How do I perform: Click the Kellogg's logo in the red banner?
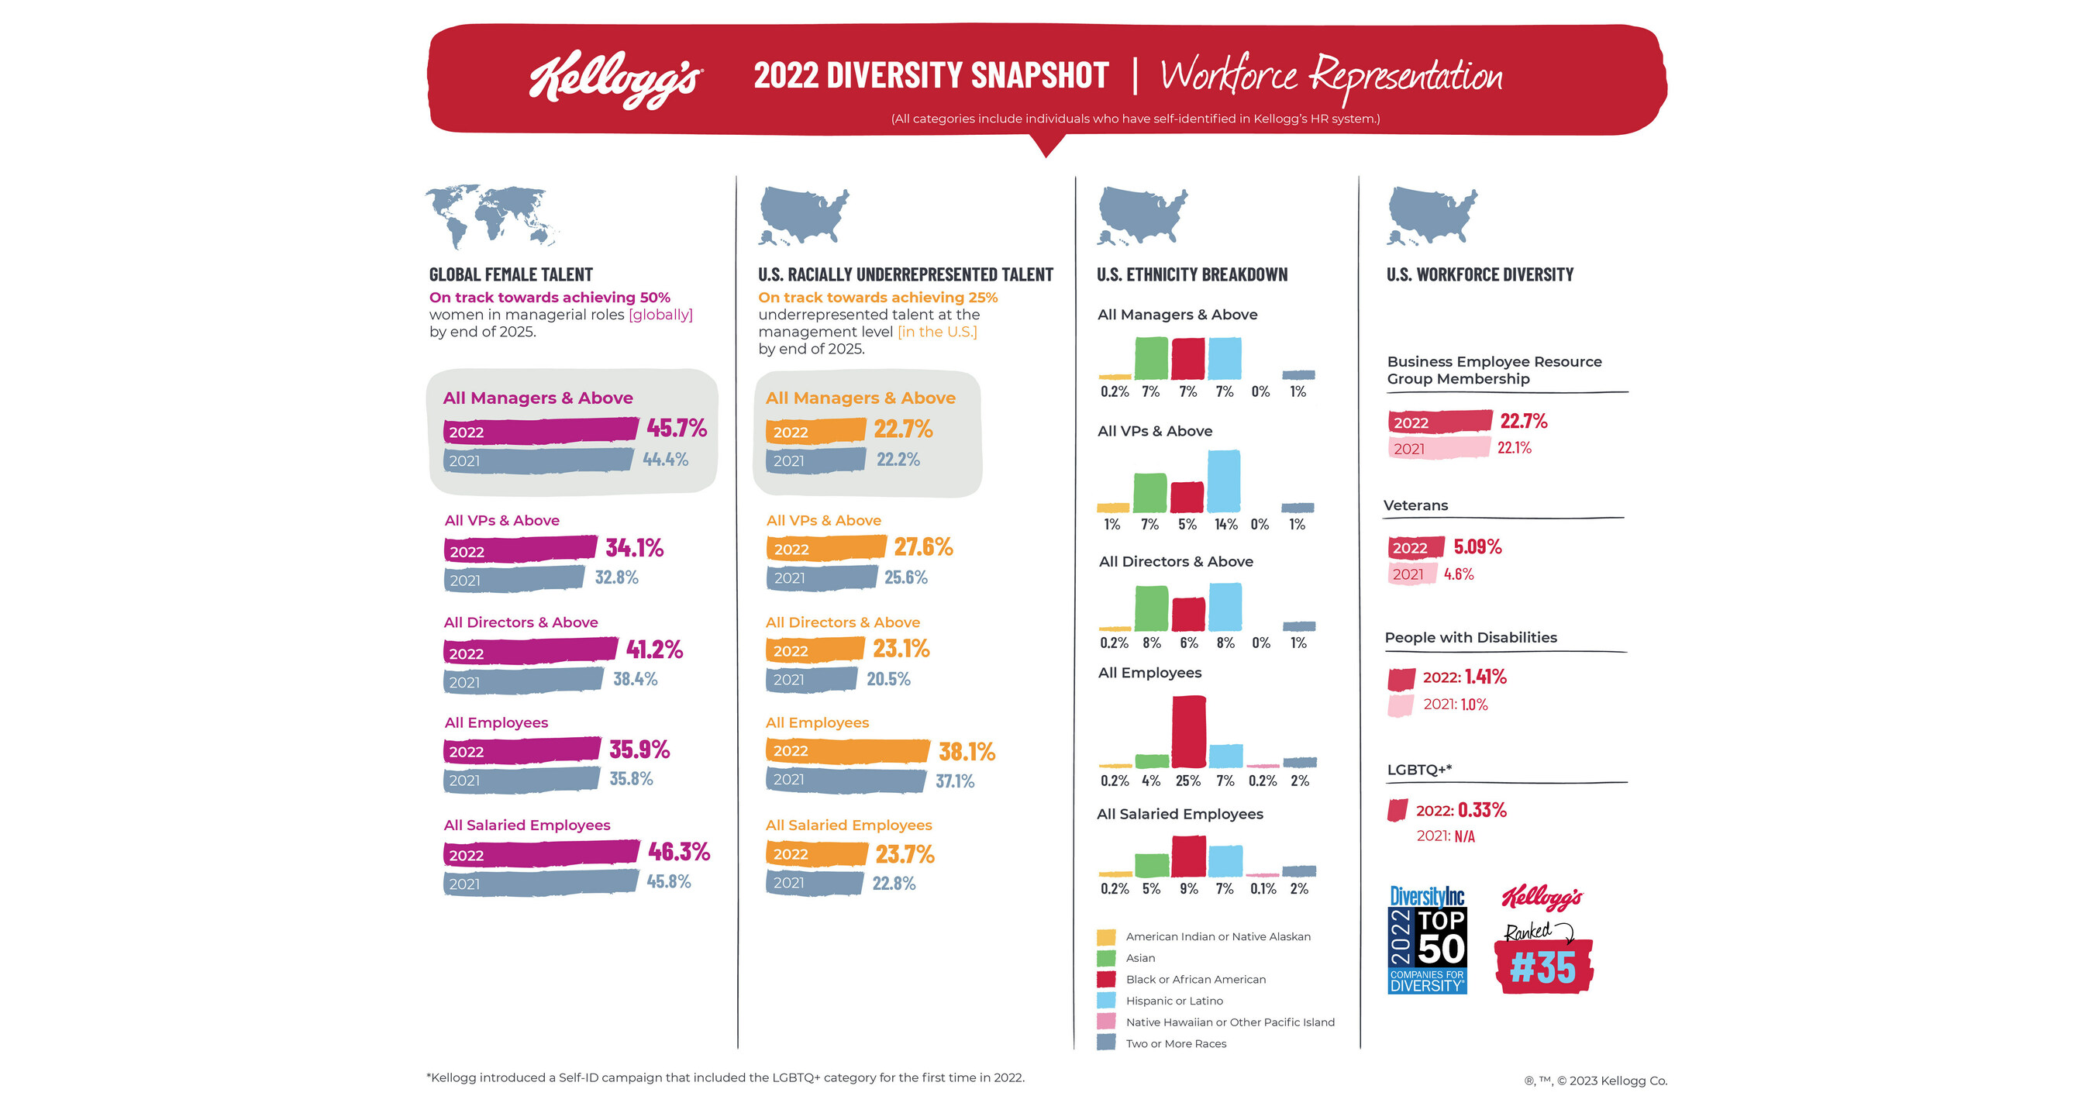point(615,79)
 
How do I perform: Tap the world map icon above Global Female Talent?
point(492,216)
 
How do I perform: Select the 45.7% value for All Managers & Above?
point(677,428)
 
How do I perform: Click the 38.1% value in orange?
point(967,752)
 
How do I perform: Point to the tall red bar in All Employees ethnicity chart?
point(1188,732)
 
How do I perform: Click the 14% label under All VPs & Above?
point(1225,525)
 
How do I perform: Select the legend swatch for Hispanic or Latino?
point(1106,1000)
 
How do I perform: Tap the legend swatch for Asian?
point(1106,958)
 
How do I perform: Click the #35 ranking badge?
point(1543,966)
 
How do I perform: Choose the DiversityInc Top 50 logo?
point(1427,939)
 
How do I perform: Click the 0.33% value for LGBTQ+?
point(1482,810)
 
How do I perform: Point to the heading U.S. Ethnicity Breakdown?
point(1191,274)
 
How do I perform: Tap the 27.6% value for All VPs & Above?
point(923,547)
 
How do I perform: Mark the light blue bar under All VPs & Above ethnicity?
point(1224,481)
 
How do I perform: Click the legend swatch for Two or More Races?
point(1106,1043)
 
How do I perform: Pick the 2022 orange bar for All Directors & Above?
point(815,650)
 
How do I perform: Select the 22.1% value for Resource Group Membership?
point(1515,447)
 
